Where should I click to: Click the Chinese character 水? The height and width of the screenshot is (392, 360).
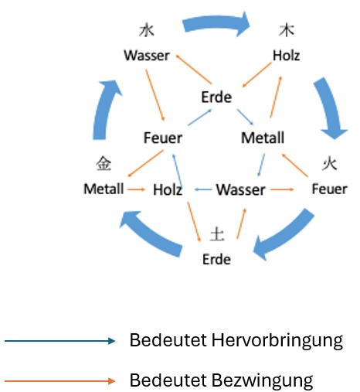pyautogui.click(x=146, y=30)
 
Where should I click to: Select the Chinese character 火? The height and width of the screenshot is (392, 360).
pyautogui.click(x=328, y=164)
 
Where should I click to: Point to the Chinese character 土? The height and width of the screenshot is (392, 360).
pyautogui.click(x=216, y=233)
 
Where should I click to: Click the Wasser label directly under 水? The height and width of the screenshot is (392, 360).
pyautogui.click(x=146, y=56)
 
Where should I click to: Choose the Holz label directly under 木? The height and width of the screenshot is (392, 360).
pyautogui.click(x=287, y=56)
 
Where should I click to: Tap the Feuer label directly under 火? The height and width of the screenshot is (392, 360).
pyautogui.click(x=329, y=189)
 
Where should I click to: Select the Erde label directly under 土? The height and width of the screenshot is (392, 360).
pyautogui.click(x=216, y=259)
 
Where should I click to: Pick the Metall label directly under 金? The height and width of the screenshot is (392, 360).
pyautogui.click(x=104, y=189)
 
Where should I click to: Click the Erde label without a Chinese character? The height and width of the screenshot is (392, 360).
pyautogui.click(x=217, y=97)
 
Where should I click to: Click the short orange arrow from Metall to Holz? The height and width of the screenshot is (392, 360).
pyautogui.click(x=137, y=189)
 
